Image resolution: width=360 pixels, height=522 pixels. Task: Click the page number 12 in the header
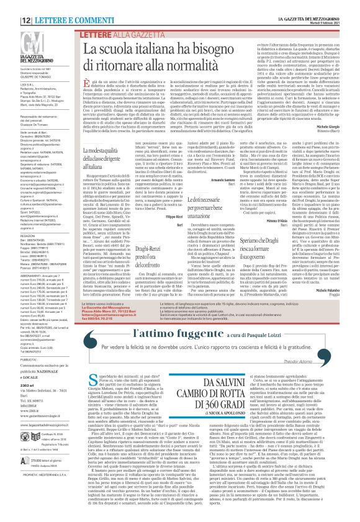(10, 5)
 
